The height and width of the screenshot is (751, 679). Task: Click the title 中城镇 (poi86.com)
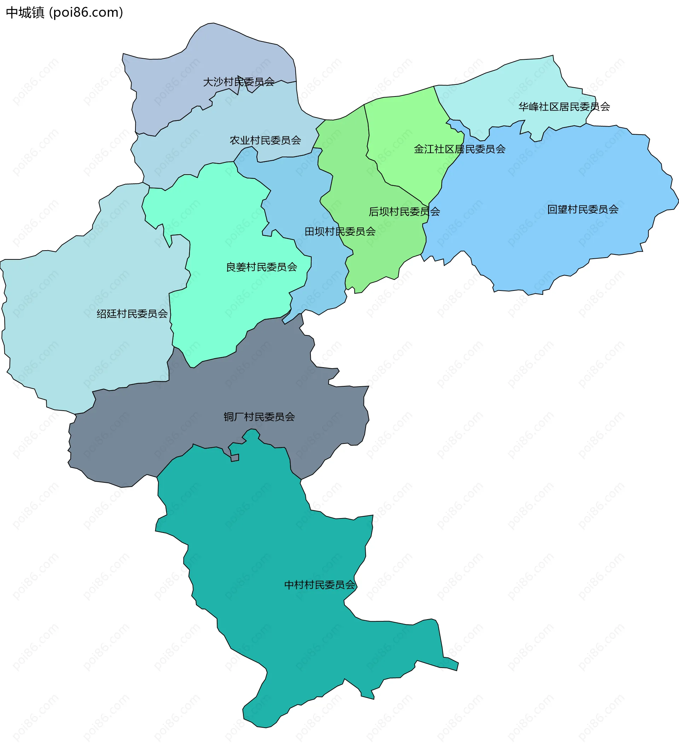pos(64,13)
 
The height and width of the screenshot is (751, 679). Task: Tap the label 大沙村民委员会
pos(238,82)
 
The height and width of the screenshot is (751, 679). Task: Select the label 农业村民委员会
pos(265,140)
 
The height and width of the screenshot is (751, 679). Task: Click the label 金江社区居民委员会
pos(459,149)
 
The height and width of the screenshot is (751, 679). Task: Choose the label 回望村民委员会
pos(582,209)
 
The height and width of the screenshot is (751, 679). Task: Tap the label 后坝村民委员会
pos(404,211)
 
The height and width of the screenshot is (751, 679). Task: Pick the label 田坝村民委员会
pos(340,231)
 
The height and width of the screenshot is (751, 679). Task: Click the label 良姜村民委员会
pos(261,267)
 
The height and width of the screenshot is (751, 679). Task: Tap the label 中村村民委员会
pos(319,585)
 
